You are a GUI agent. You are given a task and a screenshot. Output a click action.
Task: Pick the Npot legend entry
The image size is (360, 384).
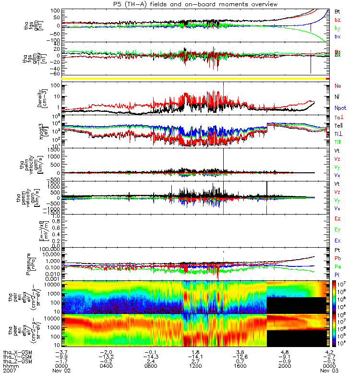(339, 108)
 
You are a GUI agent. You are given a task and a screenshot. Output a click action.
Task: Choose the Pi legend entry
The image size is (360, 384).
(337, 275)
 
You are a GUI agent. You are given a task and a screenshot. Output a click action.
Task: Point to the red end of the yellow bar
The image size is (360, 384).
(327, 78)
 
